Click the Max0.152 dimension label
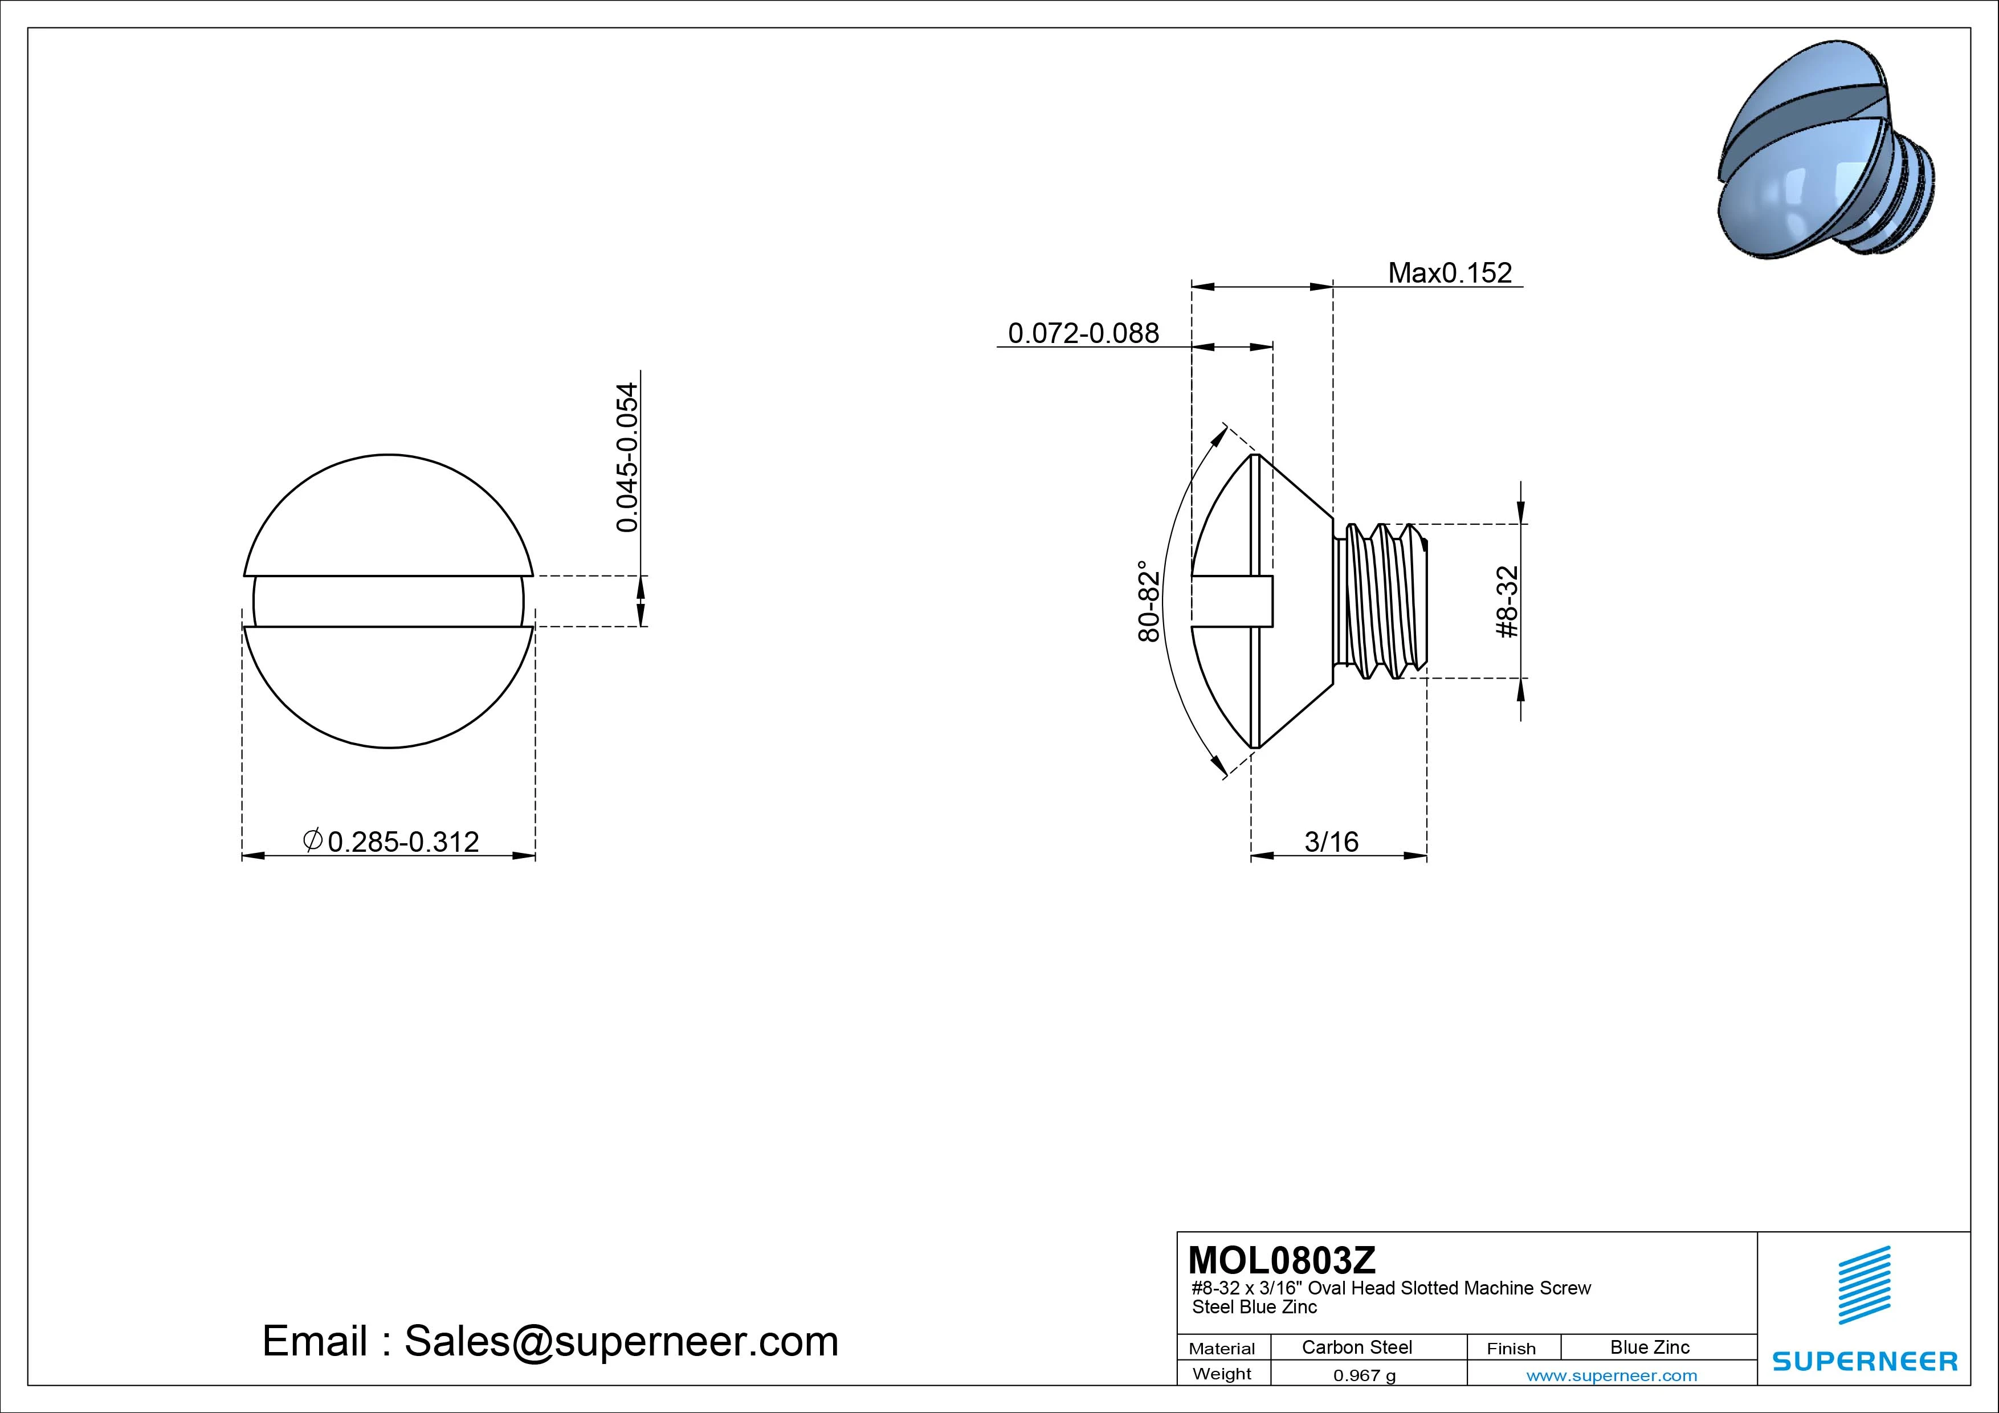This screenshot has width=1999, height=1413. [1450, 273]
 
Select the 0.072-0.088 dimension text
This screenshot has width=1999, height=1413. [1083, 333]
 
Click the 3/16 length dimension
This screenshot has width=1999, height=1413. [1331, 842]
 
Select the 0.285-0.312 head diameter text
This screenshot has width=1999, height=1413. [403, 842]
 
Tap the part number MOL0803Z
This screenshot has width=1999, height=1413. [1282, 1260]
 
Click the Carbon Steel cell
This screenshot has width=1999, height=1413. [1356, 1347]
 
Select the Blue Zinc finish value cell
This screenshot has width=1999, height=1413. [1649, 1347]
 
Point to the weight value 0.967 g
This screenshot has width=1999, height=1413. [1364, 1375]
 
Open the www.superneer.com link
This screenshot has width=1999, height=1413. [1611, 1375]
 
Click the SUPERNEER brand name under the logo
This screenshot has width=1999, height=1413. [1864, 1361]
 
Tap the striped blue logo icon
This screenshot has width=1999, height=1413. [1863, 1285]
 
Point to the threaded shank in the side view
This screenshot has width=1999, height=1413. [1380, 601]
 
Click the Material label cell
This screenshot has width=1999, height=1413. [1222, 1349]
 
